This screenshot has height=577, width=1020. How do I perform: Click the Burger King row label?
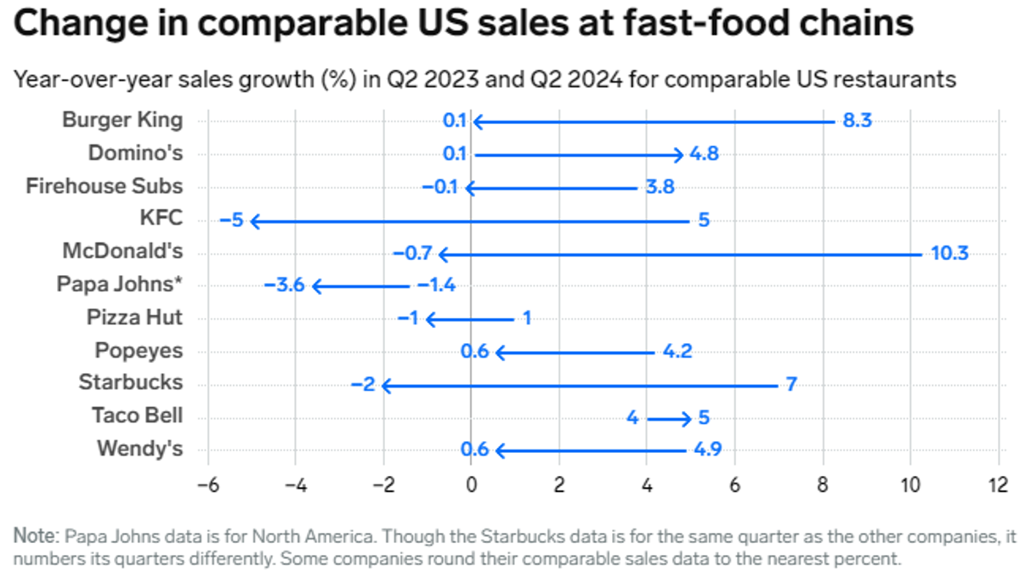click(x=122, y=120)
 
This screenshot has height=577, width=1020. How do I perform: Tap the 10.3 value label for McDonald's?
click(x=949, y=253)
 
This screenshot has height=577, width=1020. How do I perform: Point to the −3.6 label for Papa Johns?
click(x=284, y=286)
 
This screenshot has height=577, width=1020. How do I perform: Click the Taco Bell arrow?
click(x=670, y=418)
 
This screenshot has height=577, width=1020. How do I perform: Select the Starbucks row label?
click(x=130, y=382)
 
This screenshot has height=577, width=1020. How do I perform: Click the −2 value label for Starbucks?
click(x=363, y=385)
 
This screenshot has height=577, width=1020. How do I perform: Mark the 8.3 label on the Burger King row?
click(x=857, y=122)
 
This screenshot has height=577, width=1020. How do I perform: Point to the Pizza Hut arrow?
click(x=470, y=320)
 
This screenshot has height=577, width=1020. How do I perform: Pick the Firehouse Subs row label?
click(x=104, y=186)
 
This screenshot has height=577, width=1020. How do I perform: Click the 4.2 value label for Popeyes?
click(x=676, y=352)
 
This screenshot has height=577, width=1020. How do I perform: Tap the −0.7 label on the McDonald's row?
click(x=413, y=253)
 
